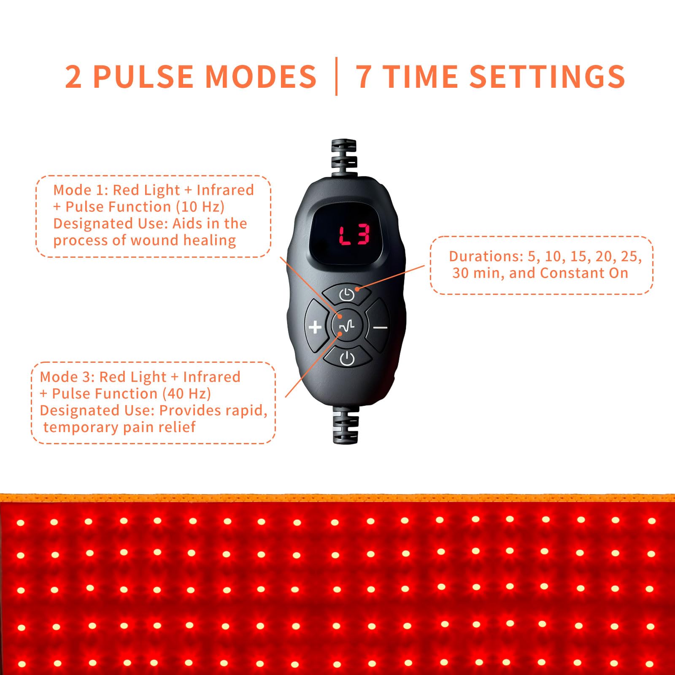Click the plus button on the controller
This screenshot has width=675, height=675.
tap(316, 326)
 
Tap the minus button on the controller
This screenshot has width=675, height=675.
tap(379, 326)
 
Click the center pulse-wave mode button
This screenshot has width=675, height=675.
tap(347, 326)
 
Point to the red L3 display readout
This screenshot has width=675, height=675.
tap(354, 235)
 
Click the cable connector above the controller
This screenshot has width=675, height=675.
tap(344, 158)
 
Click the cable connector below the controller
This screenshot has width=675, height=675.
tap(346, 424)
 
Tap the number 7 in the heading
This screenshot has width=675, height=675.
tap(364, 76)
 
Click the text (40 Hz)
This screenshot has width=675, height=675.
tap(186, 394)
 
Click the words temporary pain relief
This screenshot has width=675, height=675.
tap(119, 427)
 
